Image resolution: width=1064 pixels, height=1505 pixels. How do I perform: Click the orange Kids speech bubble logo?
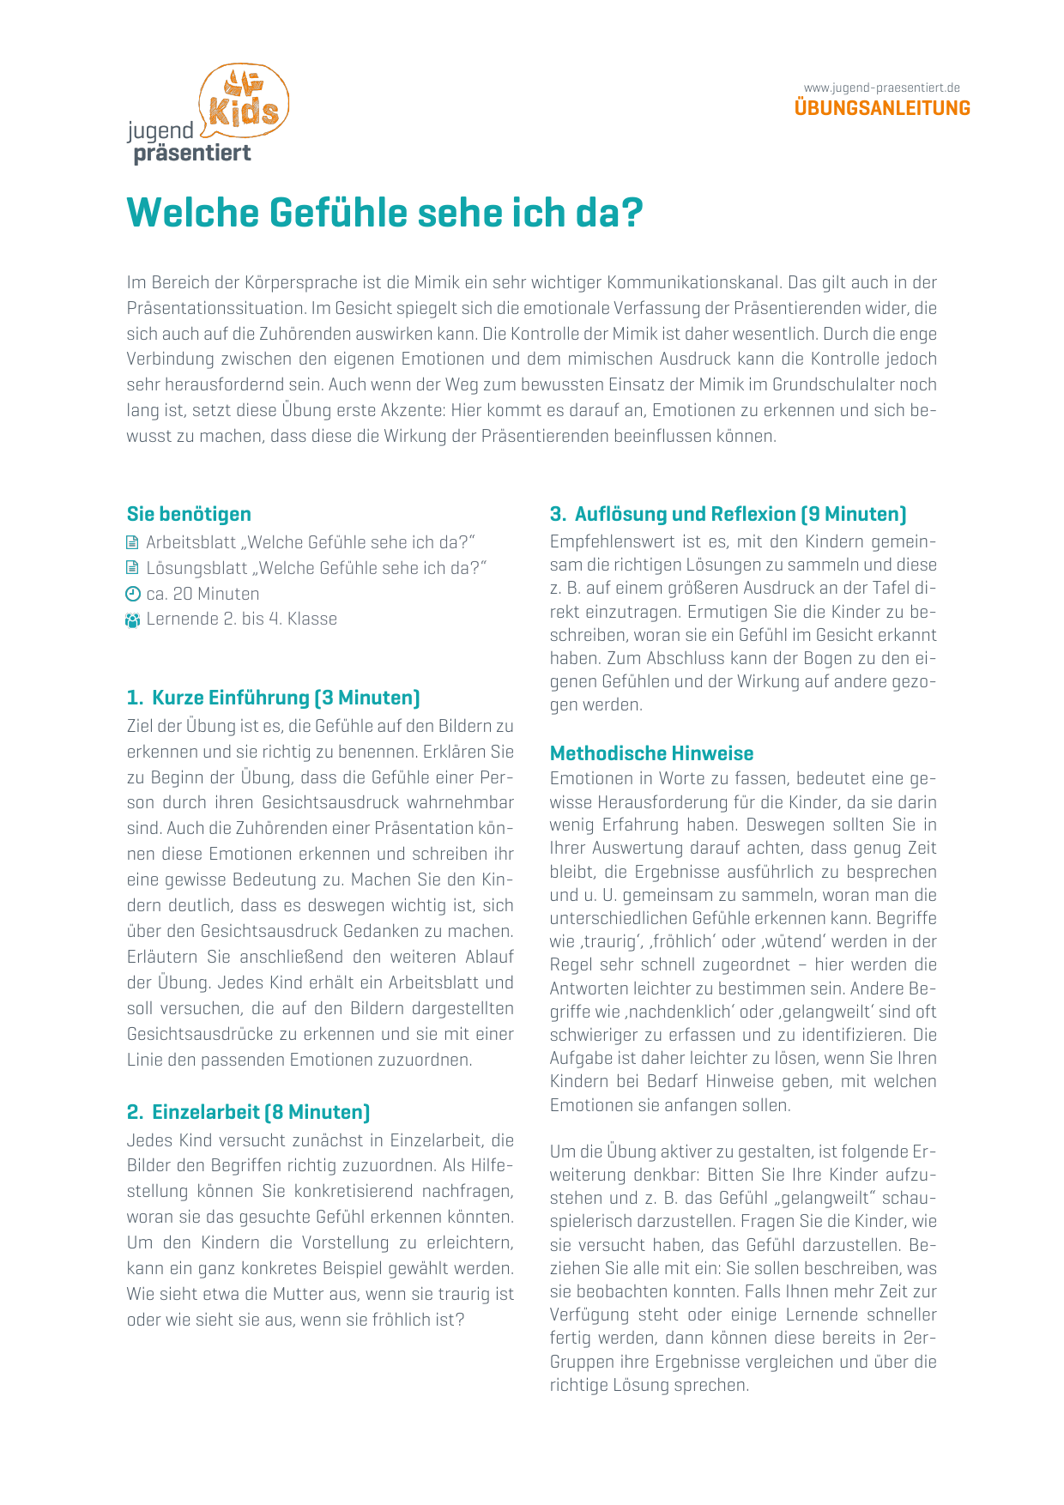click(245, 101)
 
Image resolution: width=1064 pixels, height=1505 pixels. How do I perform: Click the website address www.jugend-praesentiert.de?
click(881, 88)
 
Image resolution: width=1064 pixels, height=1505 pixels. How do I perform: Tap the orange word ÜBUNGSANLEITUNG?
click(882, 108)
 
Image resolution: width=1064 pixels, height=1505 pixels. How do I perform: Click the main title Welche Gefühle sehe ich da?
click(384, 213)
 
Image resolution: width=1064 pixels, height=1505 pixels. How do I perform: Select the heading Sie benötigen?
click(189, 514)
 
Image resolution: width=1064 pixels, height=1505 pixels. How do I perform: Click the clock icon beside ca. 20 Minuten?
click(132, 594)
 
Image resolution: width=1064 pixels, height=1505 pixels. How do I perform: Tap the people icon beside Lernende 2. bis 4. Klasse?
click(132, 620)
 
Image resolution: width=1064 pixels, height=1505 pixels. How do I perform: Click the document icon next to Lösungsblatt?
click(132, 568)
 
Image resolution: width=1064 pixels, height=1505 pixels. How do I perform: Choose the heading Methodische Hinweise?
click(651, 753)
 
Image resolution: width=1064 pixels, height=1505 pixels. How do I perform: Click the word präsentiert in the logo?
click(192, 154)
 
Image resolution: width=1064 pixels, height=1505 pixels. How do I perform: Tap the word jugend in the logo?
click(160, 131)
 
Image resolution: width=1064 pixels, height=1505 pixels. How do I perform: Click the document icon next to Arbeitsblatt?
click(132, 542)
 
